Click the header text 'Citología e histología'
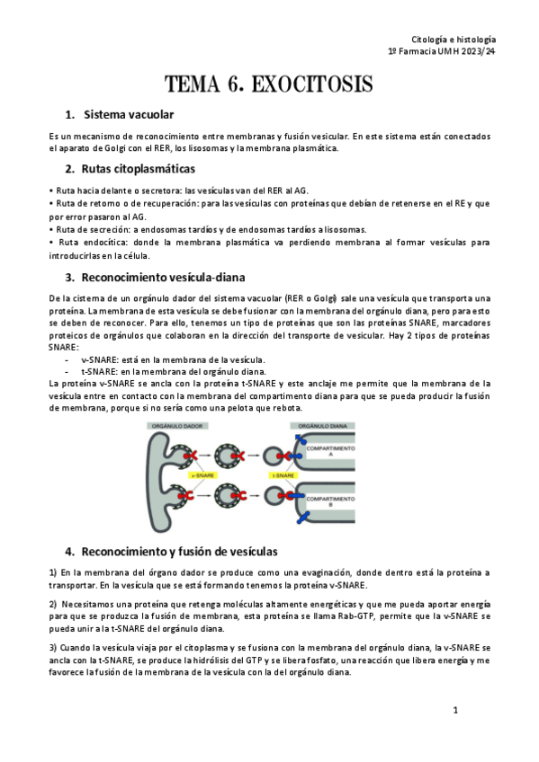pyautogui.click(x=453, y=40)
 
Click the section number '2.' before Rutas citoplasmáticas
pyautogui.click(x=69, y=169)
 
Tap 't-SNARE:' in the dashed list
pyautogui.click(x=101, y=370)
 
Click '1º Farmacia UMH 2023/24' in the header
pyautogui.click(x=441, y=53)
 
